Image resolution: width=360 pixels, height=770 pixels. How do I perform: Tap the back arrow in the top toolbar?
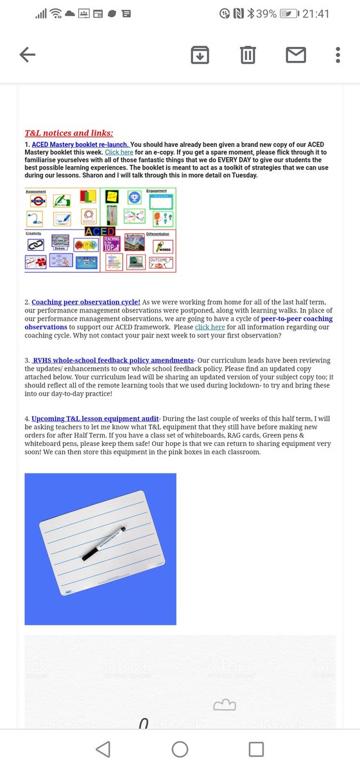[x=27, y=55]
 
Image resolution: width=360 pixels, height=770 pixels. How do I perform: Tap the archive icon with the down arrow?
[x=200, y=55]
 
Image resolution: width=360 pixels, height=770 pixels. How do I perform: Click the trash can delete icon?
[x=247, y=55]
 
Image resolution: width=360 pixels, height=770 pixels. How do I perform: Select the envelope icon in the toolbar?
[x=295, y=55]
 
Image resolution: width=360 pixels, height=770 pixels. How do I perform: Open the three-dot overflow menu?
[x=338, y=55]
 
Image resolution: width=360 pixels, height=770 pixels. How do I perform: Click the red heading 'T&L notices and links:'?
[x=69, y=133]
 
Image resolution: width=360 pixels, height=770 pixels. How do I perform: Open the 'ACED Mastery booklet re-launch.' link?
[x=80, y=144]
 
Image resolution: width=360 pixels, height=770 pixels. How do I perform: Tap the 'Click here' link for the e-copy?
[x=119, y=152]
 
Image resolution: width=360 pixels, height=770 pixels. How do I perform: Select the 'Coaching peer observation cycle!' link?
[x=85, y=302]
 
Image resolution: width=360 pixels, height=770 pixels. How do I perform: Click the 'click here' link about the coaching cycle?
[x=210, y=327]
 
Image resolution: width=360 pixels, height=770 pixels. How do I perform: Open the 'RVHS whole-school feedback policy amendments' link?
[x=113, y=360]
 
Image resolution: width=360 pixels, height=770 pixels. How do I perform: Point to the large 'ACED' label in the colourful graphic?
[x=100, y=232]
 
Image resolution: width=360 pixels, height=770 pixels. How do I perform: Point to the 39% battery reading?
[x=266, y=13]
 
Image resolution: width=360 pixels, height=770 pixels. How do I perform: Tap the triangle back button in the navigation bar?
[x=103, y=748]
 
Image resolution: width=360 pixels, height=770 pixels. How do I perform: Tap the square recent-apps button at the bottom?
[x=256, y=748]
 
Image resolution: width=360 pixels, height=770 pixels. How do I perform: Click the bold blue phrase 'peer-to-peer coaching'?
[x=297, y=318]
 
